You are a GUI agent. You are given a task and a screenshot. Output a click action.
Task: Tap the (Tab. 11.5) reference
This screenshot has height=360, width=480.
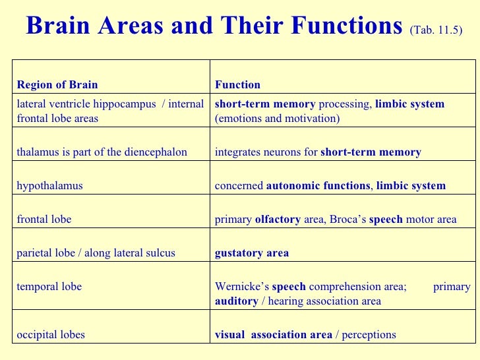coord(436,30)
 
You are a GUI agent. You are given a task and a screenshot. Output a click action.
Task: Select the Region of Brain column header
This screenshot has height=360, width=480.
coord(57,84)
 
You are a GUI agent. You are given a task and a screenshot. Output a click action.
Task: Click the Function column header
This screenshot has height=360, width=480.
coord(237,84)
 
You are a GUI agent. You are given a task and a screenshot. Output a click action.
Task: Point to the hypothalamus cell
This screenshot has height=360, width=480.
coord(49,186)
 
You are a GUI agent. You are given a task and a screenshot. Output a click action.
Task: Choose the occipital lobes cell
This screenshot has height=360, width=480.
coord(51,334)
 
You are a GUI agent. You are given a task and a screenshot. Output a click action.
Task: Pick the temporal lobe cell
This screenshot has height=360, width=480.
coord(49,287)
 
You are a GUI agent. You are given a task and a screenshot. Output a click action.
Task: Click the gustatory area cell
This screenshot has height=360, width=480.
coord(252,253)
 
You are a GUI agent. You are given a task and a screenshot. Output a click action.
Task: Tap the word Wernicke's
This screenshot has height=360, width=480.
coord(242,287)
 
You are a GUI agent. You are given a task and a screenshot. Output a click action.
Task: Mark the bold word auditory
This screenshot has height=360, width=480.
coord(237,301)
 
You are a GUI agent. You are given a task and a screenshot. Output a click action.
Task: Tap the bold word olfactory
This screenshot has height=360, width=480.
coord(278,220)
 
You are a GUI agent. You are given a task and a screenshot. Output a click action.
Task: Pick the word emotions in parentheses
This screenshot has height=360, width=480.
coord(241,119)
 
